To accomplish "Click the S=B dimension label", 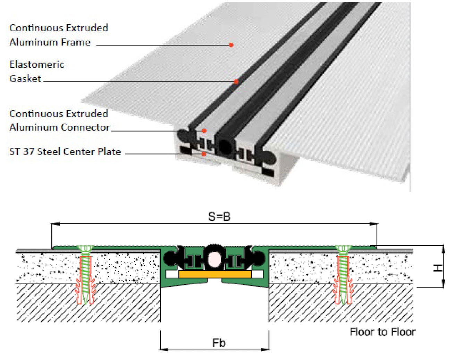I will [x=219, y=217].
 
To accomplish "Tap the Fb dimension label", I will [x=219, y=343].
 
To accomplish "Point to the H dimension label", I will [x=438, y=267].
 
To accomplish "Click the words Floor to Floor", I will [x=382, y=332].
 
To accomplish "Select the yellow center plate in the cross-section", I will [x=215, y=274].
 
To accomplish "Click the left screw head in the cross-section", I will [x=85, y=249].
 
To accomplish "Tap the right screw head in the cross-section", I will [x=343, y=249].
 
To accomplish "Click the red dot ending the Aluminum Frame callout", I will [x=231, y=45].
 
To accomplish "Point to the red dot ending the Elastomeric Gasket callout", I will [x=236, y=82].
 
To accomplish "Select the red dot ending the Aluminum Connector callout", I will [x=204, y=131].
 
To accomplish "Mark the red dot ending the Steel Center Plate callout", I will [x=204, y=154].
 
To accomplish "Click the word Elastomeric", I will [x=37, y=64].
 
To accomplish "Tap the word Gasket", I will [x=25, y=78].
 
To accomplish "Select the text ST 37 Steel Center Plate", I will [x=65, y=151].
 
